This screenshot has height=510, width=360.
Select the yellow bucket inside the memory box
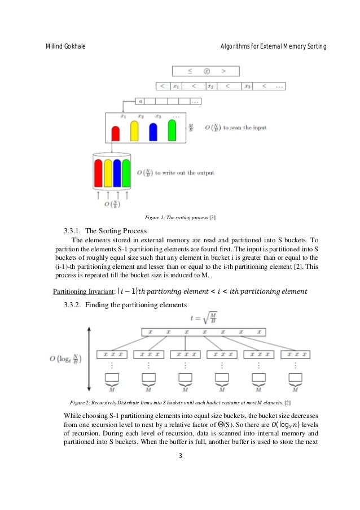click(x=134, y=131)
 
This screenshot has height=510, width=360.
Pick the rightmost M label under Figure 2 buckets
click(x=295, y=389)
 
